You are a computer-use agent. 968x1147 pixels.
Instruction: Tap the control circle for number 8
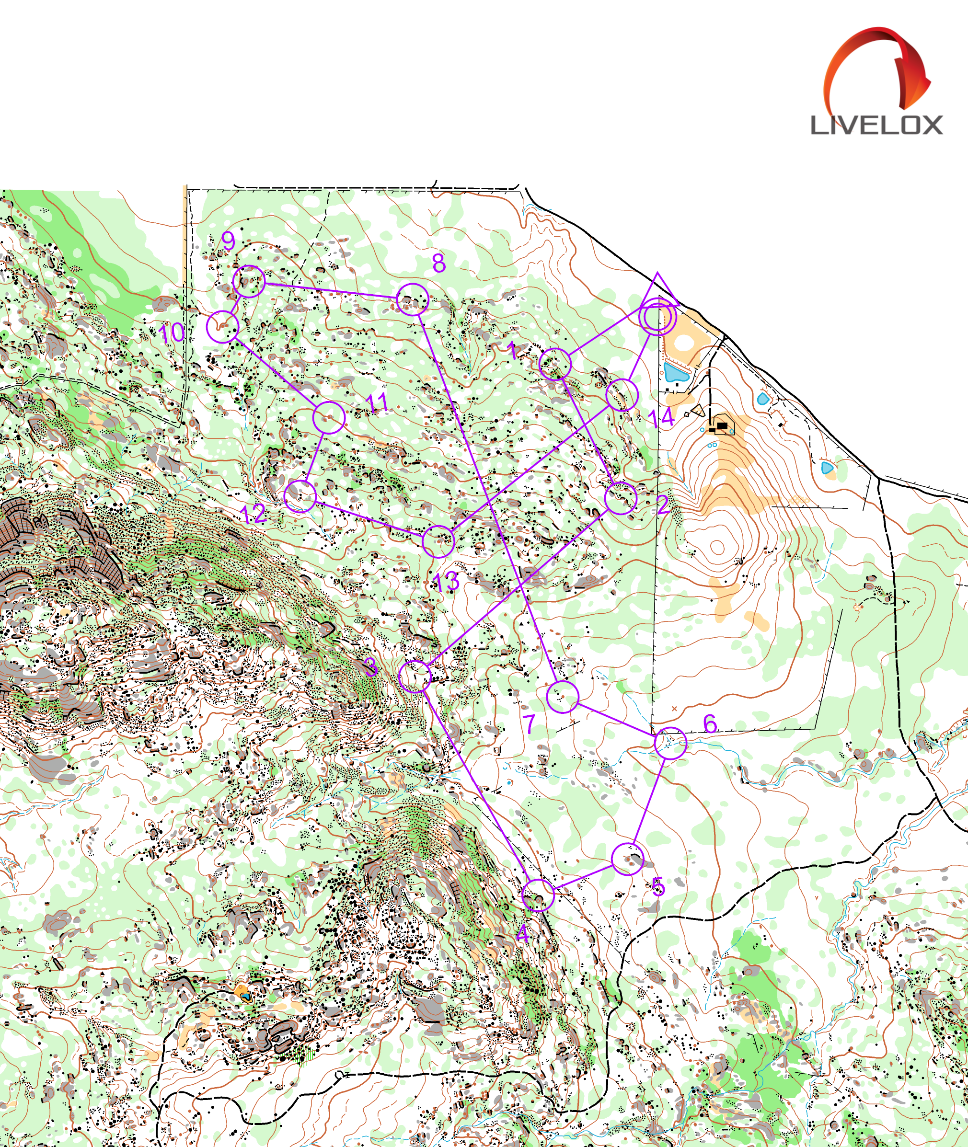pyautogui.click(x=412, y=299)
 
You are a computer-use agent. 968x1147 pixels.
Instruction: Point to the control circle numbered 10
pyautogui.click(x=222, y=326)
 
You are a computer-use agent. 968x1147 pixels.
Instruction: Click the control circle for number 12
pyautogui.click(x=300, y=496)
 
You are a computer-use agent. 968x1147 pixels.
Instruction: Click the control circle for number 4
pyautogui.click(x=538, y=895)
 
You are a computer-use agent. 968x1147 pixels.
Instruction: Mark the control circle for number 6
pyautogui.click(x=670, y=743)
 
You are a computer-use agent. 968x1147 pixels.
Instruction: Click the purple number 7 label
pyautogui.click(x=529, y=724)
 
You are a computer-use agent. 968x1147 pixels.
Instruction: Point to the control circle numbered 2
pyautogui.click(x=621, y=498)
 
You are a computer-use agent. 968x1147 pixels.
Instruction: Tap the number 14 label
pyautogui.click(x=661, y=418)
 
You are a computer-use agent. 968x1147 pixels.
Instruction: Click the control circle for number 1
pyautogui.click(x=555, y=364)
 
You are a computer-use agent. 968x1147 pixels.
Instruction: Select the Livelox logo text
pyautogui.click(x=877, y=126)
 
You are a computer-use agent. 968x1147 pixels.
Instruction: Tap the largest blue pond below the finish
pyautogui.click(x=676, y=374)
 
